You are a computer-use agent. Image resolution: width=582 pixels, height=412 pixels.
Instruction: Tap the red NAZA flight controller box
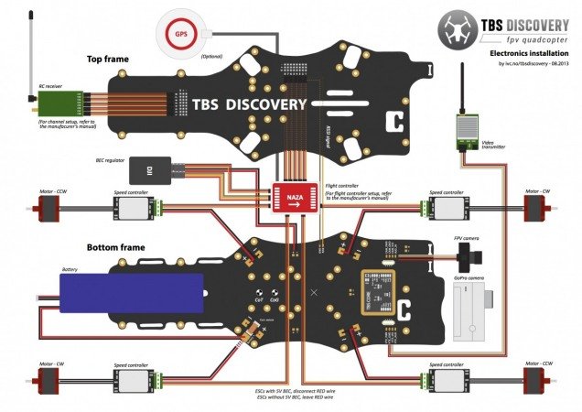[x=296, y=196]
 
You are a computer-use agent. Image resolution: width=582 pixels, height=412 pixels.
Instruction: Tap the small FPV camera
[x=468, y=254]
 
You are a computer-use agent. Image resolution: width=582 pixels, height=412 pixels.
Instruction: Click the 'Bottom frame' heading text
[x=113, y=247]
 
